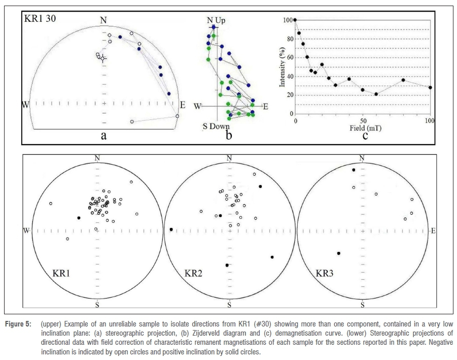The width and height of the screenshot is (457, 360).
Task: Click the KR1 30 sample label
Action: coord(40,19)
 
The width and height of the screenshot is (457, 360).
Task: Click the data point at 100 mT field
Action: coord(430,87)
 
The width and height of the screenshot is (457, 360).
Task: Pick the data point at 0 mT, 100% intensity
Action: coord(295,20)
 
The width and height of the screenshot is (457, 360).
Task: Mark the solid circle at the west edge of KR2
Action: coord(171,230)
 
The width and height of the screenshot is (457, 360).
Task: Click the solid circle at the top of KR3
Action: coord(354,170)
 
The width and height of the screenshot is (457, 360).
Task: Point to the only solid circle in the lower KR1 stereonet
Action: coord(79,218)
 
